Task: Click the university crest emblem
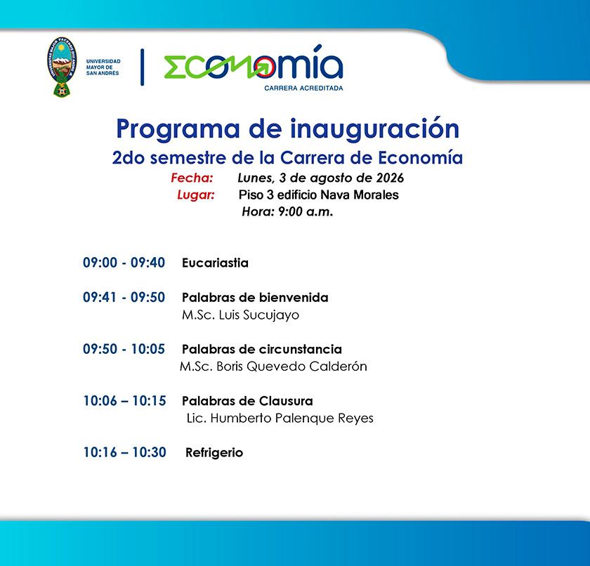pos(62,67)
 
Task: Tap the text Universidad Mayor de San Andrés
pos(103,67)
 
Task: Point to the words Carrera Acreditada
pos(303,88)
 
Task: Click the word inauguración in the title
pos(374,129)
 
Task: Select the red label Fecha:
pos(192,178)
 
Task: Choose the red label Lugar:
pos(196,195)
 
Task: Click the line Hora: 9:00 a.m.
pos(287,212)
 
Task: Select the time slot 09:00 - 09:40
pos(124,263)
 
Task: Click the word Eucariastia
pos(215,263)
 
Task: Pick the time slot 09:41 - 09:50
pos(124,297)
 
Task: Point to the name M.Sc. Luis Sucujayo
pos(240,315)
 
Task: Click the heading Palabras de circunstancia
pos(262,350)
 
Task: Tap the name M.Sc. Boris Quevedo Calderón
pos(273,367)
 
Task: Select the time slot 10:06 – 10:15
pos(124,401)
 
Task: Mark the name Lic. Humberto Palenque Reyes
pos(280,419)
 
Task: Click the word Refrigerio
pos(214,453)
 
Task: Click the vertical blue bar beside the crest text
pos(142,67)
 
